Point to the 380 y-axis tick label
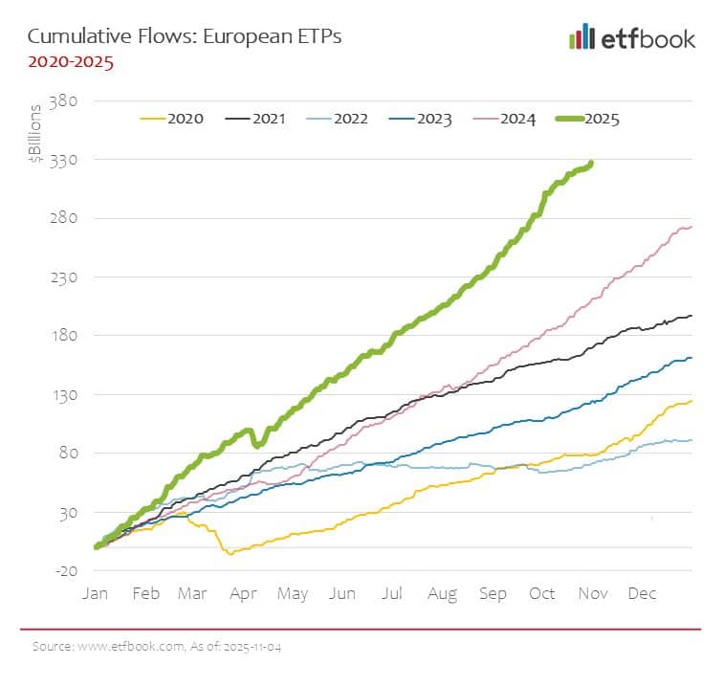(x=76, y=100)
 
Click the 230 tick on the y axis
(x=76, y=277)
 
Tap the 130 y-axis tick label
(x=76, y=395)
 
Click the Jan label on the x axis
(x=95, y=594)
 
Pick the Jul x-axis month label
(x=393, y=594)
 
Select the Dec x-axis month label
(x=642, y=594)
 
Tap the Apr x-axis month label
(x=244, y=594)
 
